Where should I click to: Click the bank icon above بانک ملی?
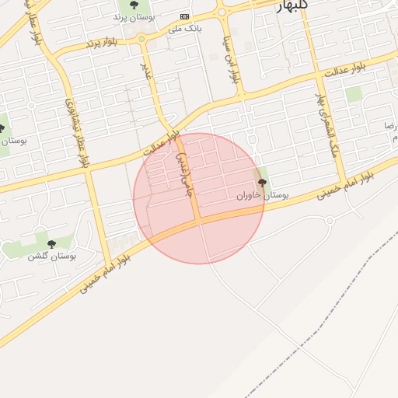point(184,16)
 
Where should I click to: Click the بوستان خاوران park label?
point(262,196)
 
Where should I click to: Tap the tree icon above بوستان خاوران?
point(261,183)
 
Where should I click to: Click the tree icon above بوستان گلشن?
point(51,244)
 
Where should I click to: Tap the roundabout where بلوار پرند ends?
point(141,38)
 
